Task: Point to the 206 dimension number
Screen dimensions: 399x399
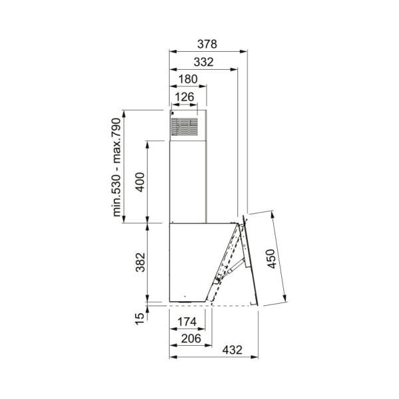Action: [x=190, y=338]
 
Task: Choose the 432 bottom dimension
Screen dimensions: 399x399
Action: [x=231, y=349]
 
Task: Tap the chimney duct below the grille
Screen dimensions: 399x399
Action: [x=188, y=180]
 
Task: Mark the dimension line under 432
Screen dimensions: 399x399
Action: [x=213, y=356]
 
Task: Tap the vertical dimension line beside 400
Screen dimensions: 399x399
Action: [x=148, y=181]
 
